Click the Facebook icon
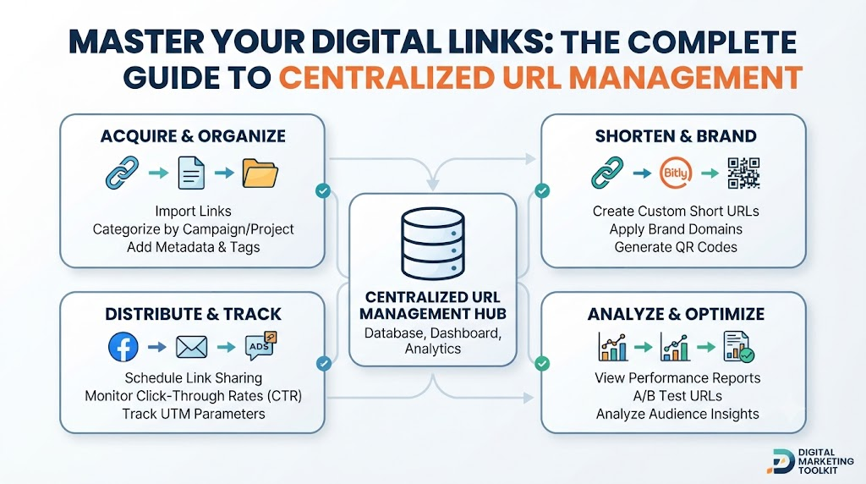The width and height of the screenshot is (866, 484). (x=123, y=347)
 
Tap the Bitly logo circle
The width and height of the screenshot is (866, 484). (x=676, y=173)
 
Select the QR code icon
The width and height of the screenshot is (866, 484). (x=743, y=173)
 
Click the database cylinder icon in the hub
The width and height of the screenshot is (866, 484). (x=433, y=243)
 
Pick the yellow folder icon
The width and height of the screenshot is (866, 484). (x=260, y=173)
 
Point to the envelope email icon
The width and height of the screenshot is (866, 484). (x=192, y=348)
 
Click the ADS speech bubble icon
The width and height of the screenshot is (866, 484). (x=260, y=346)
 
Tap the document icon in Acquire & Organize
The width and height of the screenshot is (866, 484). (x=191, y=173)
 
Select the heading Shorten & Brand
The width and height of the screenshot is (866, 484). (x=676, y=136)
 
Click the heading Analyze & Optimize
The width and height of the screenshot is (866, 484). (x=676, y=314)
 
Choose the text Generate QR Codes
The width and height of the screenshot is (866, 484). (x=676, y=247)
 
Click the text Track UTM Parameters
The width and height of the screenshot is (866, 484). (x=194, y=414)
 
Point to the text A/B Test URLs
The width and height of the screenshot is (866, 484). (x=677, y=396)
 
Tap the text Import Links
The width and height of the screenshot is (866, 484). (x=194, y=211)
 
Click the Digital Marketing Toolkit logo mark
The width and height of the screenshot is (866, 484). (x=781, y=462)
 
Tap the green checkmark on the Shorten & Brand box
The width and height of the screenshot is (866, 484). (x=542, y=190)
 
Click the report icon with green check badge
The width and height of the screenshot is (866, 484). (x=738, y=347)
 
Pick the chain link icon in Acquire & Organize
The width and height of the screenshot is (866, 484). (x=122, y=173)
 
